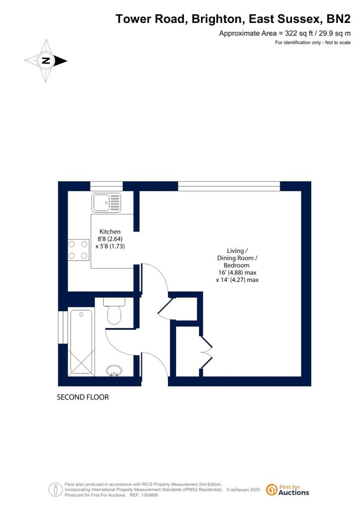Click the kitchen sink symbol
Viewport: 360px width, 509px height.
tap(106, 203)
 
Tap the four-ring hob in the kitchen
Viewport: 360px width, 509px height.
tap(78, 250)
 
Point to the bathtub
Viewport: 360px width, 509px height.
tap(81, 342)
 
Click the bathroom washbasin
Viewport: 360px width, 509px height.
tap(114, 370)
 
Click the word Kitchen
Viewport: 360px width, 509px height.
tap(110, 232)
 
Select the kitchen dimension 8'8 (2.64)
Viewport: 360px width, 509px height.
tap(110, 239)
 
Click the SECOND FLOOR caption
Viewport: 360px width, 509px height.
tap(83, 397)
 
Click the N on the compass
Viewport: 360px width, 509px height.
tap(46, 61)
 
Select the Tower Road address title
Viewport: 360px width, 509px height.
tap(233, 19)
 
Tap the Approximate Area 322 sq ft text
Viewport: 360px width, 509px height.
tap(285, 33)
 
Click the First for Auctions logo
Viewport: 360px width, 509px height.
tap(288, 490)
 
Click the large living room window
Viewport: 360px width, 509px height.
tap(229, 186)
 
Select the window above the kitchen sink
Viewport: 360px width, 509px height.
tap(106, 186)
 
